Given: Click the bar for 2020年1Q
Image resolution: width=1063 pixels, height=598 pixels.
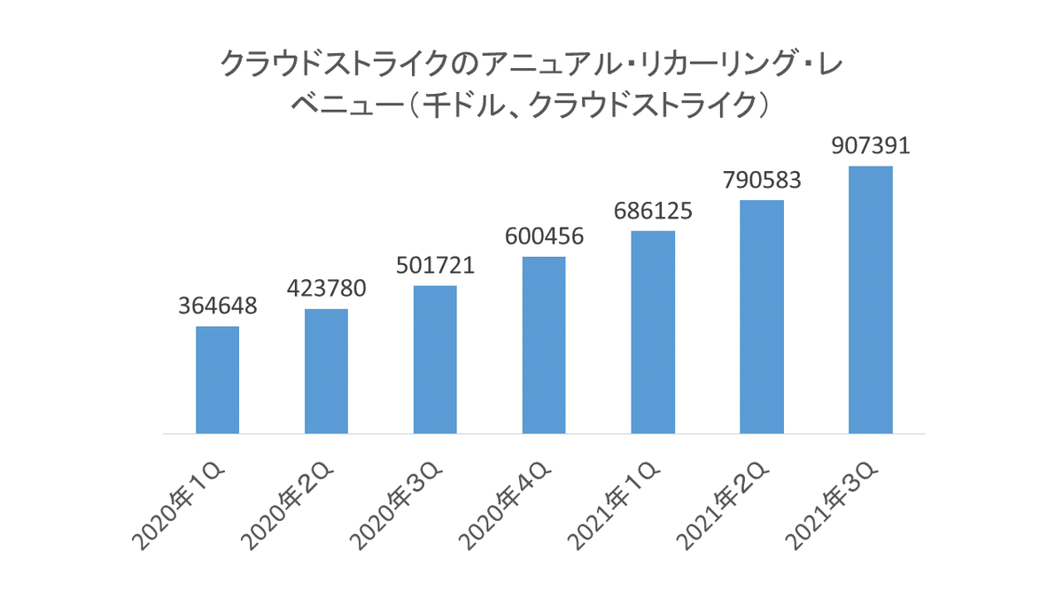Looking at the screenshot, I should point(217,380).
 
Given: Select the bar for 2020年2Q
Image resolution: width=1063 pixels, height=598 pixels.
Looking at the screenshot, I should point(326,371).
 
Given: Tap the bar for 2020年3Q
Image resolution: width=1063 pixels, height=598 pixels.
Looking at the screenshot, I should point(435,360).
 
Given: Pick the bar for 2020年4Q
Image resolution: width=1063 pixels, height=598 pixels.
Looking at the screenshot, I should point(544,346).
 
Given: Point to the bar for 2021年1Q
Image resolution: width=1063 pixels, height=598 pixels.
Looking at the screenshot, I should point(653,332).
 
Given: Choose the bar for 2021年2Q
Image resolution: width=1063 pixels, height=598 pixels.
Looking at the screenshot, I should point(762,317).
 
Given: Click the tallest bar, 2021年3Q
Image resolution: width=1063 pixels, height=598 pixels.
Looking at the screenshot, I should point(870,300).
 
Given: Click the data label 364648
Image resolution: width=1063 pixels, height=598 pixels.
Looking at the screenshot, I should point(217,307).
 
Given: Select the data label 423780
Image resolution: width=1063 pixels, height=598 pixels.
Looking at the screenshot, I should point(326,290).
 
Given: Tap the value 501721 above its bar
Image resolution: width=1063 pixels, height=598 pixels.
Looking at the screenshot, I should point(435,266).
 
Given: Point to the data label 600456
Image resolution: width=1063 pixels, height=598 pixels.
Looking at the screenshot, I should point(544,237).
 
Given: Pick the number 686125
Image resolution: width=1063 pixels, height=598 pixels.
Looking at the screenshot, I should point(653,212).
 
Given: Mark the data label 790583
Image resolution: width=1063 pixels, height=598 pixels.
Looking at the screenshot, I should point(762,181).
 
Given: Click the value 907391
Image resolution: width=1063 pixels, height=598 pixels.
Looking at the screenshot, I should point(871,146).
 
